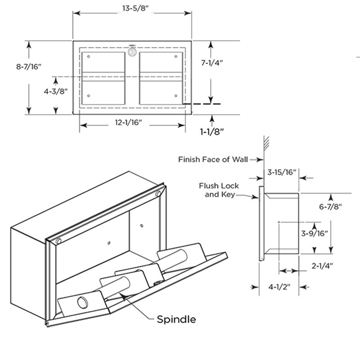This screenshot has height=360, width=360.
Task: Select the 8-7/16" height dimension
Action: point(29,67)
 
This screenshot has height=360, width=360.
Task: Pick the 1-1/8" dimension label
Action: point(212,131)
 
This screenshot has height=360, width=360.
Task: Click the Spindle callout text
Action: point(176,319)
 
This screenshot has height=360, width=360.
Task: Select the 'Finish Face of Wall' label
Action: point(214,159)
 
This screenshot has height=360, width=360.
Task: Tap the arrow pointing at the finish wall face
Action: point(257,159)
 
